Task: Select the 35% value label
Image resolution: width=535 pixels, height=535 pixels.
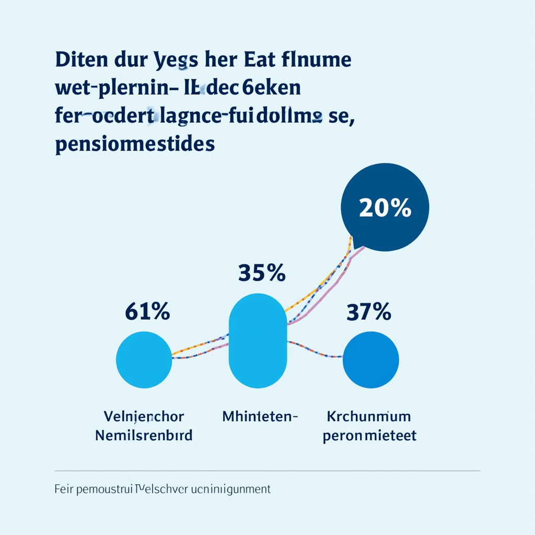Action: [x=262, y=273]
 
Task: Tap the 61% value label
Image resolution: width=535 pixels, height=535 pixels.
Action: [x=147, y=312]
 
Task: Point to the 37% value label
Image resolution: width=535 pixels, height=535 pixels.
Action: [x=369, y=312]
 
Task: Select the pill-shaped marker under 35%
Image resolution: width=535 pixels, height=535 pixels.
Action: [x=258, y=341]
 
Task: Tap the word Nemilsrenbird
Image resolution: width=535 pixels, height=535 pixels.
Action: [x=144, y=435]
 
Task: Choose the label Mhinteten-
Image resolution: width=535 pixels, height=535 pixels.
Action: [x=260, y=417]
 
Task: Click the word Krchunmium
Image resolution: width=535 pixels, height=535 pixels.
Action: [x=369, y=417]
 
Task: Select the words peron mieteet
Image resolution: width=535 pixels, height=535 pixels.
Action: [x=369, y=435]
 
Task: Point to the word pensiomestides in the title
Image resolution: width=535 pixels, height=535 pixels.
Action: [x=135, y=144]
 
